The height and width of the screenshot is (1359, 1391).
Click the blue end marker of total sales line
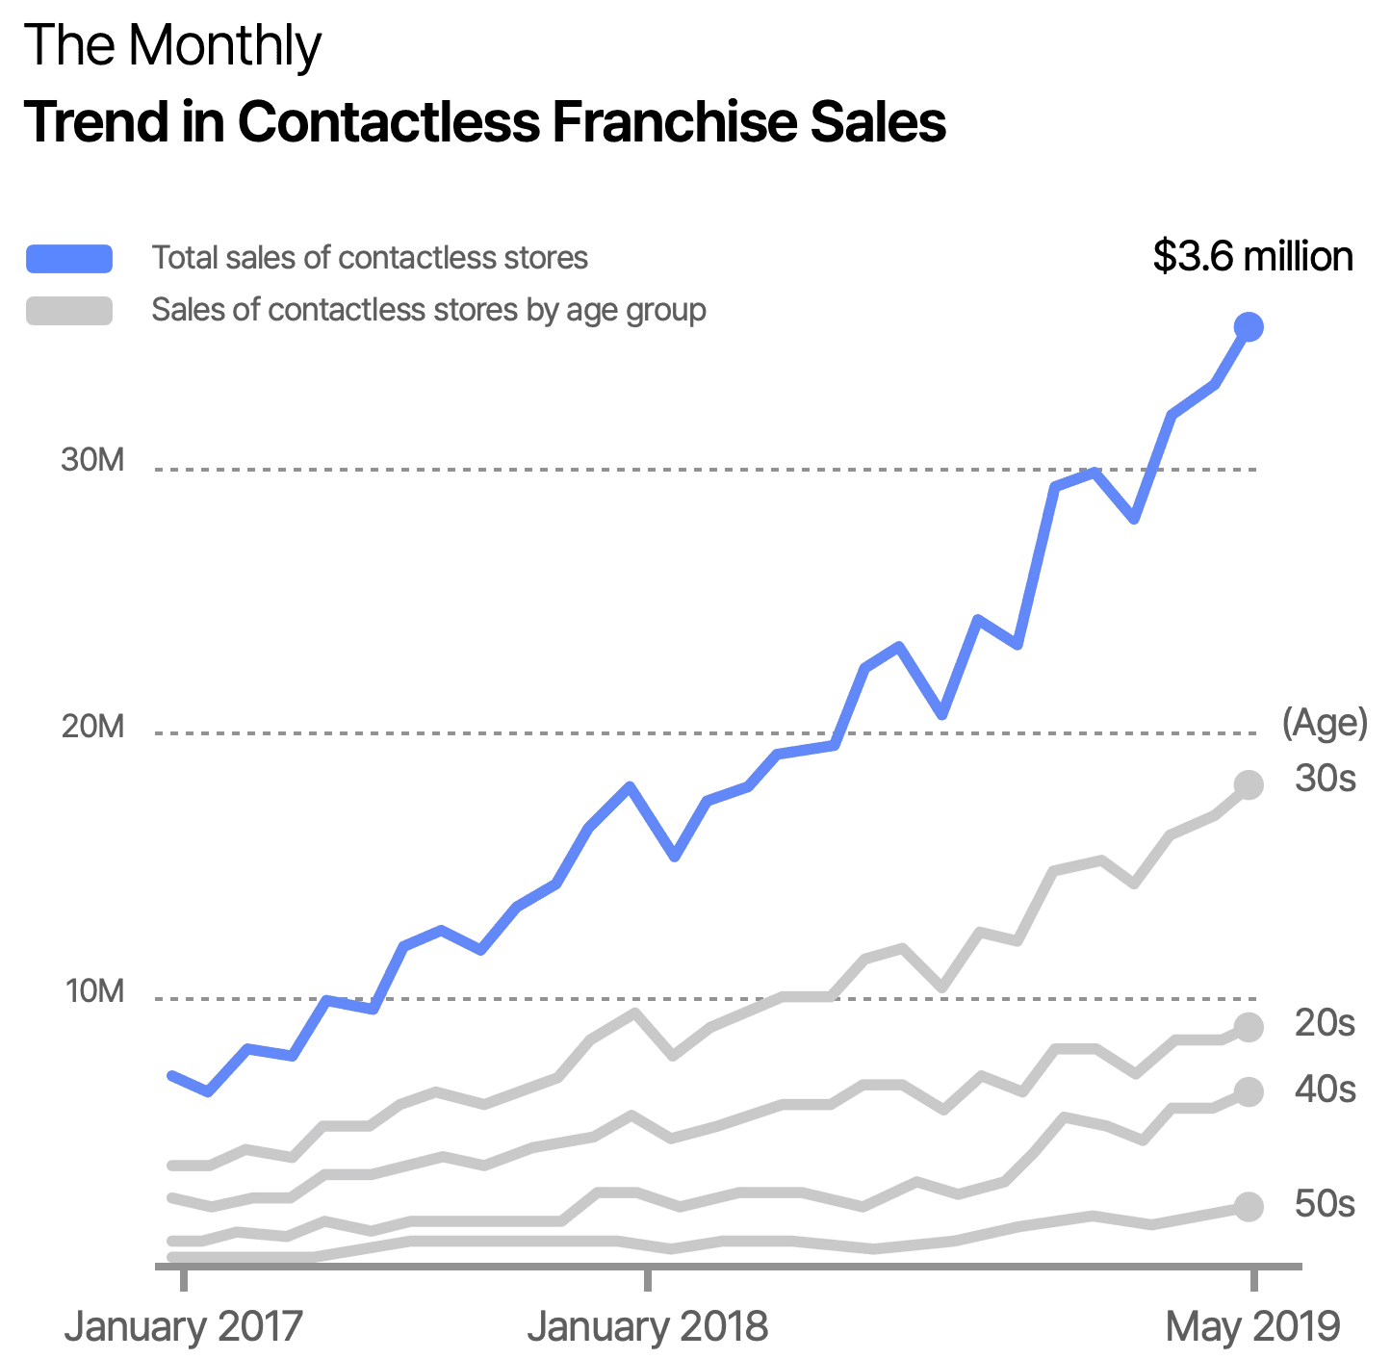tap(1249, 327)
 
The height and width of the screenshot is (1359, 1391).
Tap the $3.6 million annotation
tap(1253, 257)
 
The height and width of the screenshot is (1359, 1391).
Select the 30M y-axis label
tap(93, 461)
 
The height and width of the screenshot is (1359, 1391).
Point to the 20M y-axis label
tap(93, 726)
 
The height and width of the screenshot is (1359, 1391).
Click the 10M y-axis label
tap(94, 990)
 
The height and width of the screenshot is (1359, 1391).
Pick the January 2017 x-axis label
tap(183, 1327)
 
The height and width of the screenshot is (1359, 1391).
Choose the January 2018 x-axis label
tap(648, 1327)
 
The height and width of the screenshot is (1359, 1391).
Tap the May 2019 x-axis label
tap(1252, 1327)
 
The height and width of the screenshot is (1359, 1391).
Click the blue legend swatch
tap(69, 258)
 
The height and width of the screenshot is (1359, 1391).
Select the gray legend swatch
tap(69, 310)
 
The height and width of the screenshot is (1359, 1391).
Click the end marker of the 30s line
tap(1249, 785)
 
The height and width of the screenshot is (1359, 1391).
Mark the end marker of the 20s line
tap(1249, 1027)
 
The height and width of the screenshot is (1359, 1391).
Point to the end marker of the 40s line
tap(1249, 1092)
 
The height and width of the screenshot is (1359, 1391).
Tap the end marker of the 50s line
tap(1249, 1206)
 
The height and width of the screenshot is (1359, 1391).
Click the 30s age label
tap(1326, 779)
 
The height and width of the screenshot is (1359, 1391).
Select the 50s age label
tap(1326, 1204)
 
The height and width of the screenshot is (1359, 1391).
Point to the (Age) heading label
tap(1325, 724)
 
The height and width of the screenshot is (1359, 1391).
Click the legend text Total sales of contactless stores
tap(371, 258)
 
